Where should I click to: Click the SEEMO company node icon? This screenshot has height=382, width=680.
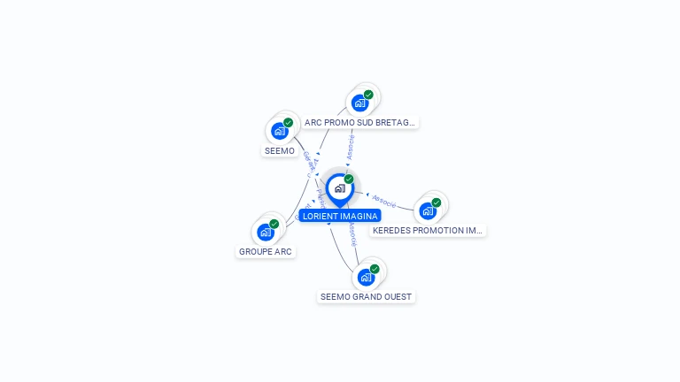click(x=280, y=132)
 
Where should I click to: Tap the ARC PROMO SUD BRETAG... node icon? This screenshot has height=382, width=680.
click(x=359, y=103)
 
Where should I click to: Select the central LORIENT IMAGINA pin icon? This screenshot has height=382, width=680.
click(x=339, y=188)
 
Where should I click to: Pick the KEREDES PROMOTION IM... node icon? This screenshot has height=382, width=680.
click(x=428, y=210)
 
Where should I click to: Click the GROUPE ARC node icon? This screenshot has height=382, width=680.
click(x=266, y=233)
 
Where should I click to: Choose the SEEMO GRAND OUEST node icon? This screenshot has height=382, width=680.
click(x=366, y=277)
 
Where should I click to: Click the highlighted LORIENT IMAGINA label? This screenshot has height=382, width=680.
click(x=340, y=216)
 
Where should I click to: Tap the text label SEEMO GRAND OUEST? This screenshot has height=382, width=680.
click(x=366, y=296)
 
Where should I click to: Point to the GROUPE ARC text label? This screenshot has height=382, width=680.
click(x=266, y=252)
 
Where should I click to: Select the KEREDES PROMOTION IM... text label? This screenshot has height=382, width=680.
click(x=429, y=230)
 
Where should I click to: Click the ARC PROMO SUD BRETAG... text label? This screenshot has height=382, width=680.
click(x=359, y=122)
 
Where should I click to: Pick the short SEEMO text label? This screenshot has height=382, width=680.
click(x=280, y=151)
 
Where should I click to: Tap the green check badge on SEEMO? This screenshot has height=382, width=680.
click(x=289, y=123)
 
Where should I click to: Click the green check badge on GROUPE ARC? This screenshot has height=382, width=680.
click(x=274, y=224)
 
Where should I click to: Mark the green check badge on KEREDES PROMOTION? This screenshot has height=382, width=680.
click(x=437, y=202)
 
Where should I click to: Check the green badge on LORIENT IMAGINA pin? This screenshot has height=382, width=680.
click(x=349, y=179)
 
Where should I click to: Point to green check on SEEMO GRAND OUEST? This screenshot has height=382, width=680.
click(x=375, y=268)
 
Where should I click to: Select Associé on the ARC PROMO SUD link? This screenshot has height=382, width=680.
click(x=352, y=147)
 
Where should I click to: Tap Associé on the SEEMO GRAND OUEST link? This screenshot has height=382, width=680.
click(x=352, y=233)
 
